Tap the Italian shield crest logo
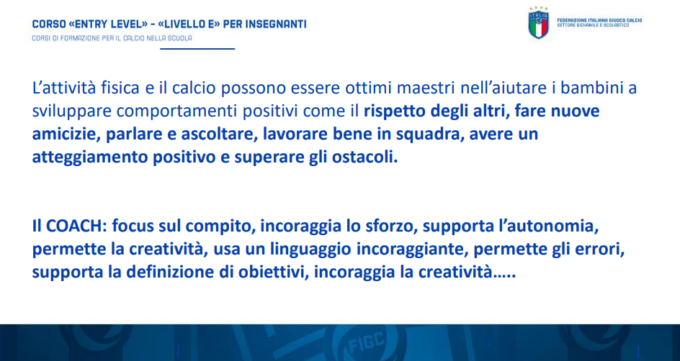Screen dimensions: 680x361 click(539, 24)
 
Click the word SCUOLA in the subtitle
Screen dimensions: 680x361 click(182, 38)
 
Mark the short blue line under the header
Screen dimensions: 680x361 click(197, 48)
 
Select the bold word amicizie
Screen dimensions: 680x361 click(66, 134)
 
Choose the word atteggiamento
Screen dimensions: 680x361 click(90, 157)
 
